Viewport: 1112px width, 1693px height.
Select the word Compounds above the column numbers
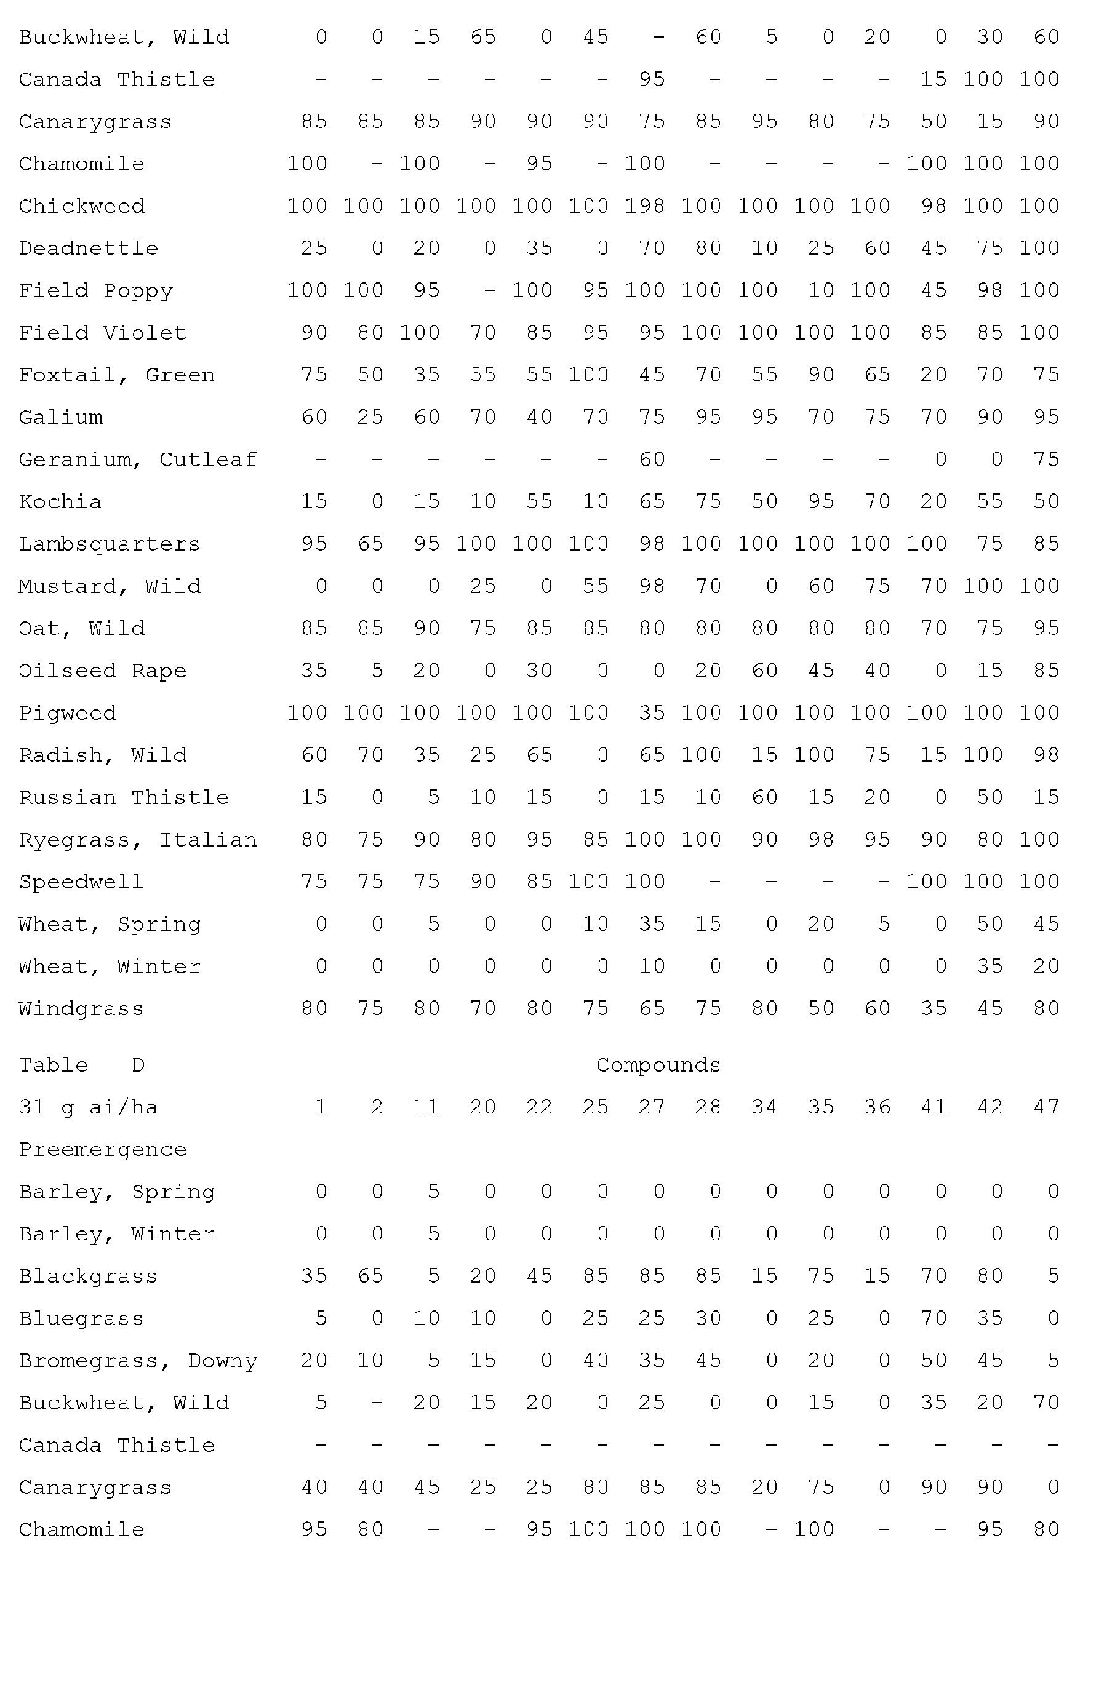click(x=658, y=1065)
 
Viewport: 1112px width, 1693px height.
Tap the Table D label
click(x=81, y=1065)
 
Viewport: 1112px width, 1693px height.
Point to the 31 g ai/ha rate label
click(x=88, y=1107)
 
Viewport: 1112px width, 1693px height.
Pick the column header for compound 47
click(x=1046, y=1107)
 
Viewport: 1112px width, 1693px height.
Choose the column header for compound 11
click(x=426, y=1107)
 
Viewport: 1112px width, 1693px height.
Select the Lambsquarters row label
click(x=109, y=544)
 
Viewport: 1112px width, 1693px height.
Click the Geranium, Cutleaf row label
click(x=137, y=460)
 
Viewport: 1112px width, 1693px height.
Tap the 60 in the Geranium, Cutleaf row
click(x=652, y=460)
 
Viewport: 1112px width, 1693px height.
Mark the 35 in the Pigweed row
click(x=652, y=713)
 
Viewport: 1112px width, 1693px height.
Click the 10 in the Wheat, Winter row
click(x=652, y=966)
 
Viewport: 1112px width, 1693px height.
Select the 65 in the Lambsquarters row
click(x=370, y=544)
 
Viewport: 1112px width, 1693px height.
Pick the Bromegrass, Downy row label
click(x=137, y=1361)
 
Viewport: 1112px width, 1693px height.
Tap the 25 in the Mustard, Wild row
click(x=482, y=586)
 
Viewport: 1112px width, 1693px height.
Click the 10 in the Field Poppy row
click(x=820, y=290)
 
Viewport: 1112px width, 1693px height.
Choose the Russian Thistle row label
click(x=123, y=797)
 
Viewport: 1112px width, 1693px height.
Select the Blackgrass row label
click(x=88, y=1276)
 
